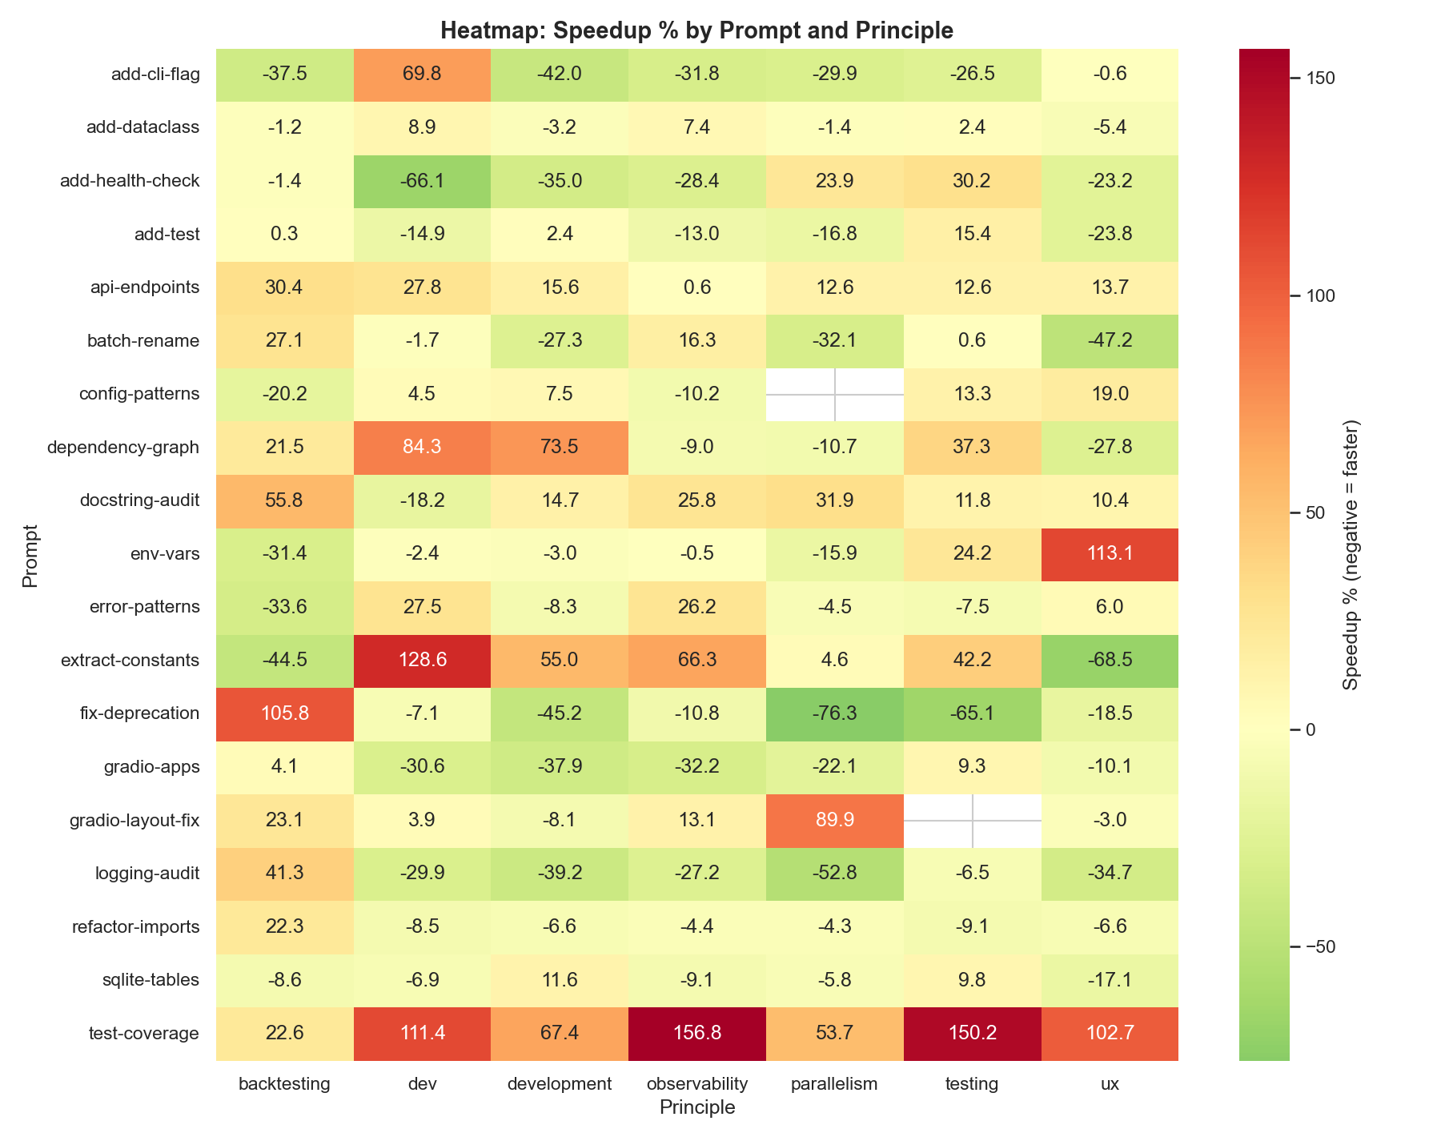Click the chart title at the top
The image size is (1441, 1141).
696,30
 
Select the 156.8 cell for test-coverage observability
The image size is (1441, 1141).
696,1034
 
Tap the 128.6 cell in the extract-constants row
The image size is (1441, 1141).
422,661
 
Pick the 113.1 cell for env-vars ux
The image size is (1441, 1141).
1109,554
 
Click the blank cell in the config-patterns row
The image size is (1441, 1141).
834,394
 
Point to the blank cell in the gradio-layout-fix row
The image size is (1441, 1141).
972,821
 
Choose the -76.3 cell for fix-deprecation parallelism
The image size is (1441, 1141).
834,713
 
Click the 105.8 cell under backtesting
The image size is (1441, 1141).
284,713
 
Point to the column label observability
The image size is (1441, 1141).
696,1084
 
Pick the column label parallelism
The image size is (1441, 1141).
834,1084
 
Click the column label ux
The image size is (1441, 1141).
1109,1084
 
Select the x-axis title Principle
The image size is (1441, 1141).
696,1108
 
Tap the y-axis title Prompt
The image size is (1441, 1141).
30,555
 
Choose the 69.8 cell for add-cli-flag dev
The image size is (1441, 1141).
422,74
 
